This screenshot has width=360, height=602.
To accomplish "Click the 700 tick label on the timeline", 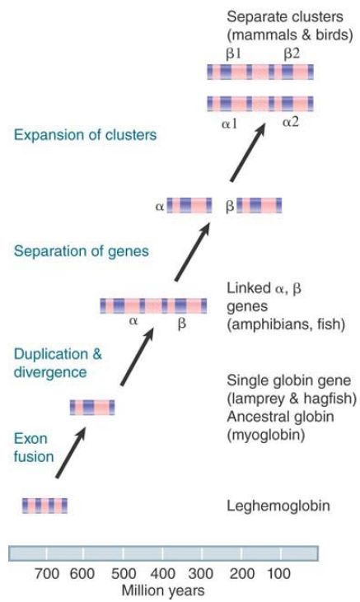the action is pyautogui.click(x=47, y=574).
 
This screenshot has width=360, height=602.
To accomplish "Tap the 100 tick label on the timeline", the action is pyautogui.click(x=279, y=574).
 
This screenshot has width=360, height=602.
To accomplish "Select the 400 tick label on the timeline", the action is pyautogui.click(x=163, y=574).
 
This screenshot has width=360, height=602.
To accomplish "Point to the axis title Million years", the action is pyautogui.click(x=163, y=590).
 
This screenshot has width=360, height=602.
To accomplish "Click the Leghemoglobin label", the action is pyautogui.click(x=278, y=506).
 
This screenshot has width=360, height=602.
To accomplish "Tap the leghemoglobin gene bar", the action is pyautogui.click(x=44, y=506).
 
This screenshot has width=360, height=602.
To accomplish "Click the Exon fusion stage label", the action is pyautogui.click(x=34, y=447).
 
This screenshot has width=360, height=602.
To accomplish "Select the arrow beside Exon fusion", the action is pyautogui.click(x=71, y=453).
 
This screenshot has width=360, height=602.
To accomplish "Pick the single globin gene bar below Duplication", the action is pyautogui.click(x=92, y=407).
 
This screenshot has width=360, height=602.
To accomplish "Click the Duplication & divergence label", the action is pyautogui.click(x=58, y=363).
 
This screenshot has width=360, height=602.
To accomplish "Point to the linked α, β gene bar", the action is pyautogui.click(x=153, y=306).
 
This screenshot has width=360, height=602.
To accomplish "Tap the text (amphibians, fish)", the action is pyautogui.click(x=286, y=324).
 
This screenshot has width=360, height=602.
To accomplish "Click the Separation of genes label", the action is pyautogui.click(x=81, y=251).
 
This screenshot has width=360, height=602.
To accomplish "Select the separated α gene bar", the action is pyautogui.click(x=189, y=205).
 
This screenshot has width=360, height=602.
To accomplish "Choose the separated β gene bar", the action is pyautogui.click(x=259, y=205).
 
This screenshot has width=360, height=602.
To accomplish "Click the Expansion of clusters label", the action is pyautogui.click(x=86, y=135).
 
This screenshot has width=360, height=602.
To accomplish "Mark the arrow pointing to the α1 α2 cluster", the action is pyautogui.click(x=248, y=152).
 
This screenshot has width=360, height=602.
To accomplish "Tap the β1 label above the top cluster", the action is pyautogui.click(x=233, y=54).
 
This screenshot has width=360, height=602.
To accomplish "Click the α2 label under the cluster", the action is pyautogui.click(x=290, y=123).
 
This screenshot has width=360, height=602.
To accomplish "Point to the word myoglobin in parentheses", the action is pyautogui.click(x=266, y=436).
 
